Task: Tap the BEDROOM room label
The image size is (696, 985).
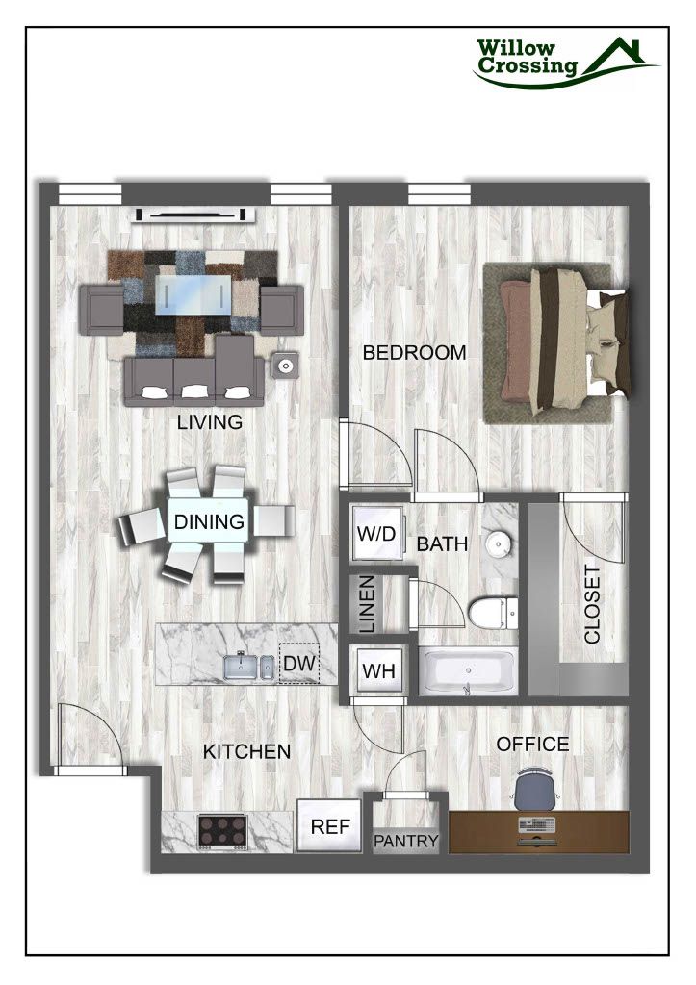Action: [x=414, y=353]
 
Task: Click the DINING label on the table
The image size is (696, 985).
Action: [x=209, y=523]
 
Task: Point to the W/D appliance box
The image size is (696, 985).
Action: [x=375, y=534]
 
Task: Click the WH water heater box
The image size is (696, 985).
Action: [x=375, y=670]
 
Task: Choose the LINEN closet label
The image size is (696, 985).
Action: [x=367, y=604]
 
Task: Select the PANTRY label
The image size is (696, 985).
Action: [x=406, y=841]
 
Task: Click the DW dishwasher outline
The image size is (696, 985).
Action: [x=296, y=664]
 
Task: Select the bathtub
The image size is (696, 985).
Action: [x=469, y=671]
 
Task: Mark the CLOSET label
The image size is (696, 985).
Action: [x=592, y=604]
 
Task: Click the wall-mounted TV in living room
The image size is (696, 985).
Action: [x=195, y=214]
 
